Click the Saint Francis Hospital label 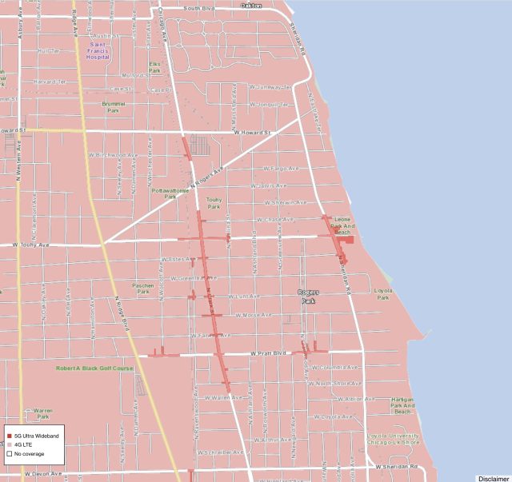(99, 51)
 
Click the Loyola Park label (383, 294)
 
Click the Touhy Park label (214, 202)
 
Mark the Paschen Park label (143, 288)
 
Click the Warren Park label (42, 413)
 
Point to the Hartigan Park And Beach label (402, 406)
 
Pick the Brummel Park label (114, 106)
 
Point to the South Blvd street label (198, 8)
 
